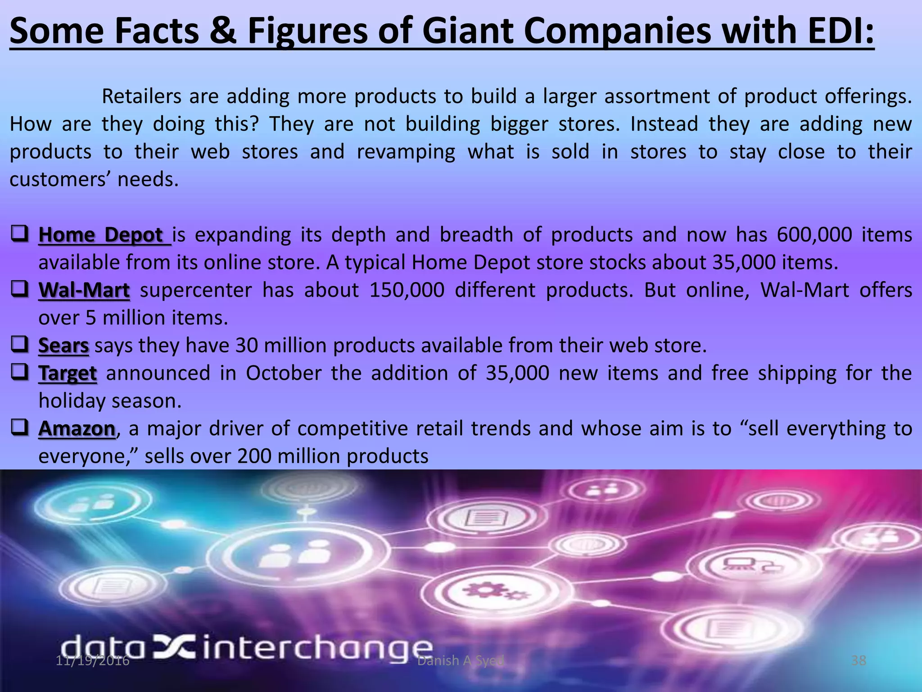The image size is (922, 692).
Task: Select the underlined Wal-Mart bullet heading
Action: click(x=84, y=291)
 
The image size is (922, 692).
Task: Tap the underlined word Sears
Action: click(x=63, y=346)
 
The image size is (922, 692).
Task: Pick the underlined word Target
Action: click(x=68, y=373)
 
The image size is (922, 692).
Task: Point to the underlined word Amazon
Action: click(x=77, y=429)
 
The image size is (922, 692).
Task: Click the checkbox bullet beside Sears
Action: click(x=20, y=345)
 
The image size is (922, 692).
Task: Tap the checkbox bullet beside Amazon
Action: click(x=20, y=428)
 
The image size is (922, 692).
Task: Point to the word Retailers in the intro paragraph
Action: click(x=141, y=97)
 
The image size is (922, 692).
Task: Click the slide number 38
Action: click(x=859, y=660)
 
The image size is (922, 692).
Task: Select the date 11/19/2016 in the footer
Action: click(x=93, y=660)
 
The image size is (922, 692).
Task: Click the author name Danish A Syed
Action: click(x=461, y=660)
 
